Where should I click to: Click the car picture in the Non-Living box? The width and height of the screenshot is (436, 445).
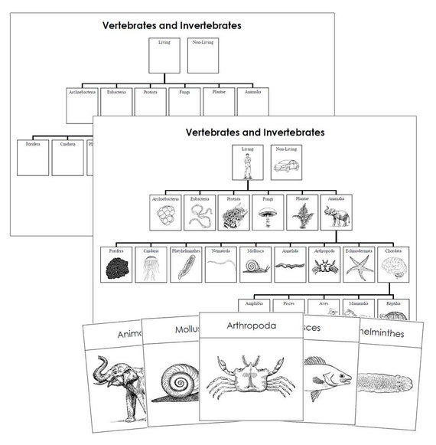tap(284, 166)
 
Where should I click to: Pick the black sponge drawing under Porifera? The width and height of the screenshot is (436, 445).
tap(117, 267)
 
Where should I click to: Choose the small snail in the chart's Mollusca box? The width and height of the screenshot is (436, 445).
tap(253, 267)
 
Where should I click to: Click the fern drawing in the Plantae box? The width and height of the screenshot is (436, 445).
tap(299, 215)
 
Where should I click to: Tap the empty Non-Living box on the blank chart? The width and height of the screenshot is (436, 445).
tap(201, 54)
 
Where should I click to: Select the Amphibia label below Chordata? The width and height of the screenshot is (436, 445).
tap(253, 303)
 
